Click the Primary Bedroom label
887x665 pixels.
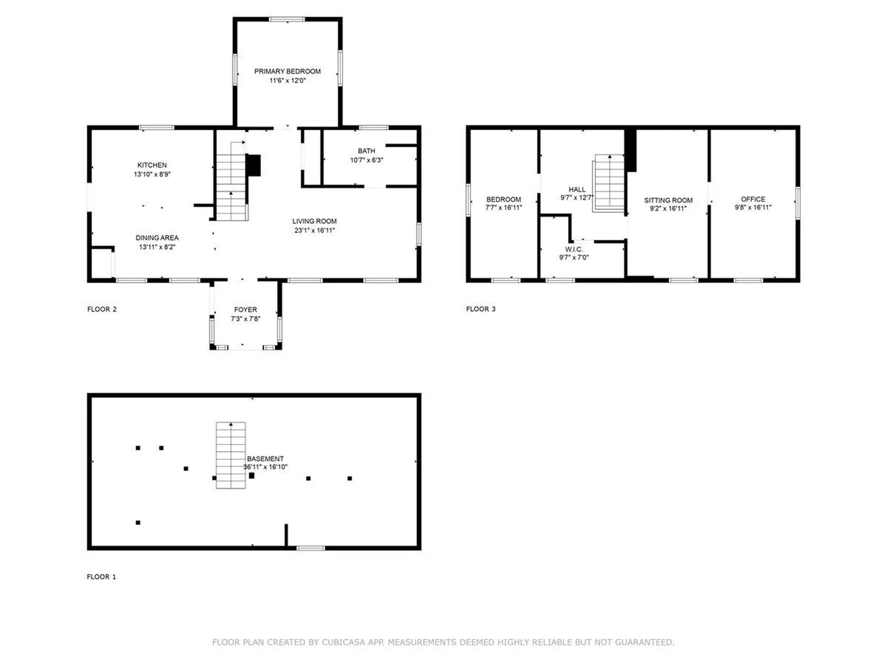point(287,71)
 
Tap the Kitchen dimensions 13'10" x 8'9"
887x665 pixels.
point(152,174)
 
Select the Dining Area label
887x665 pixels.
point(157,237)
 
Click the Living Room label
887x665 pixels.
point(314,221)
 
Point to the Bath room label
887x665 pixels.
point(366,151)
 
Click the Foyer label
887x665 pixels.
point(245,309)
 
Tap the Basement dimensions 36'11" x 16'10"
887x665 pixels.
point(265,467)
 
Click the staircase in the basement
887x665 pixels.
point(231,455)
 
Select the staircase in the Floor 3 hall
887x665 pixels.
point(609,183)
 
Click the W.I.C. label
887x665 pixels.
point(574,249)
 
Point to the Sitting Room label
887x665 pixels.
point(668,200)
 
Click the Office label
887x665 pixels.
point(753,199)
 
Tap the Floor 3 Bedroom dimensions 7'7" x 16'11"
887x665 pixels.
point(504,208)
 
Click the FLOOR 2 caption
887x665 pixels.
point(102,309)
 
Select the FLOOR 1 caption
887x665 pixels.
point(101,576)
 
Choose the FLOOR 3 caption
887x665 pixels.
point(480,308)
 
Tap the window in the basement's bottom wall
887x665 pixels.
point(310,548)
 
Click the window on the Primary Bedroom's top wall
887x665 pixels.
point(287,19)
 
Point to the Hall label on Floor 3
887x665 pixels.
point(577,189)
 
